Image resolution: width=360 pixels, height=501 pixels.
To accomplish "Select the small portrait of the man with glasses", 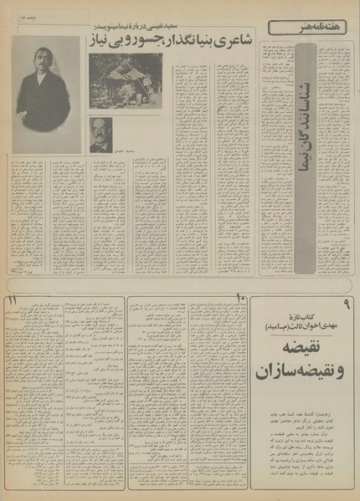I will (101, 133).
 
